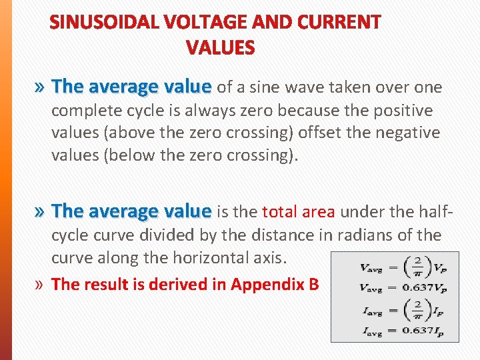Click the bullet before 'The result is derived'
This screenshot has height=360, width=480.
click(41, 285)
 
